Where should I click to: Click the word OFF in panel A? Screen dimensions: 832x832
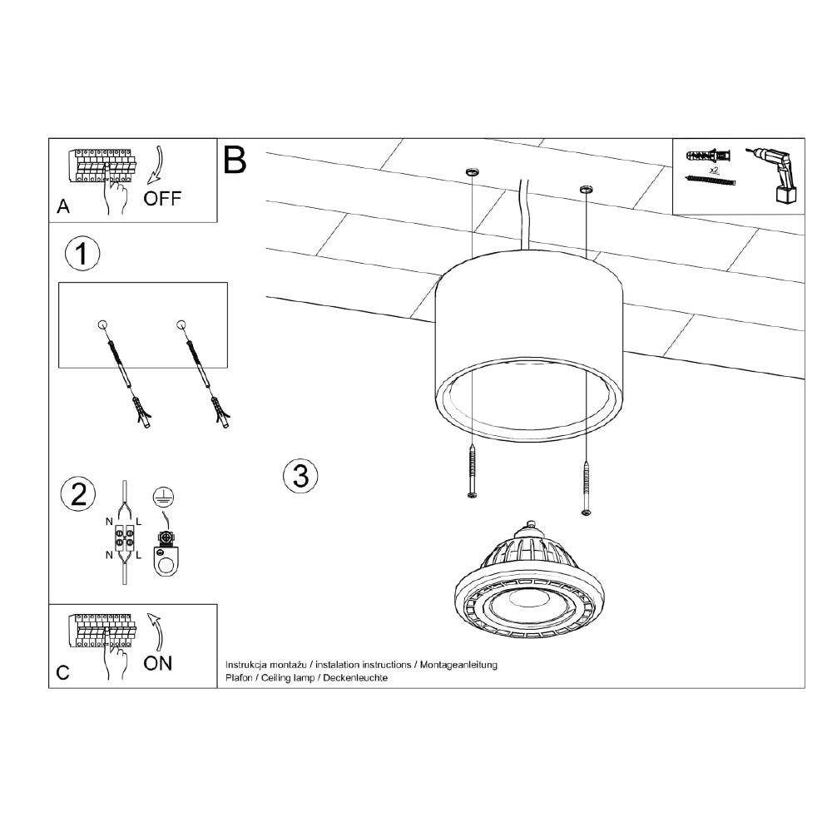click(x=161, y=199)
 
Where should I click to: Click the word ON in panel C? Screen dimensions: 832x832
click(x=158, y=663)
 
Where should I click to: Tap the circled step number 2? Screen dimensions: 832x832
click(x=79, y=495)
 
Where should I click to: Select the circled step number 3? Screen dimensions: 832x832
click(x=300, y=476)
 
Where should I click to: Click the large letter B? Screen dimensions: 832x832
click(x=235, y=159)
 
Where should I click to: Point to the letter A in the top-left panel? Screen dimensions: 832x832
click(x=63, y=207)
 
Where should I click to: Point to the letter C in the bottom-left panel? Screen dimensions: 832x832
click(x=63, y=672)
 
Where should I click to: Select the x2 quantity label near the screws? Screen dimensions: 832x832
click(x=713, y=170)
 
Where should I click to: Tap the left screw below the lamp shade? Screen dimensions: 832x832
click(x=473, y=473)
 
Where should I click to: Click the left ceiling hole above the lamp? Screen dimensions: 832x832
click(x=472, y=172)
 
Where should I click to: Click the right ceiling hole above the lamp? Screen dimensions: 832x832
click(x=586, y=190)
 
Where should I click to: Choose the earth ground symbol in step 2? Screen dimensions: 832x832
click(x=163, y=498)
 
